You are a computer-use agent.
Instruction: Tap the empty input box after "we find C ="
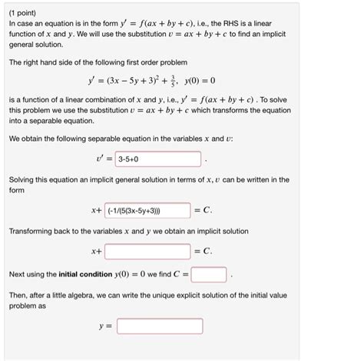(x=209, y=273)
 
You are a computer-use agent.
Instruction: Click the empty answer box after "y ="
(x=159, y=326)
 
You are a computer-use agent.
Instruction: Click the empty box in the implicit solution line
(x=147, y=251)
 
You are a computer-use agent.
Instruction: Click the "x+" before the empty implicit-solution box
(x=96, y=251)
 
